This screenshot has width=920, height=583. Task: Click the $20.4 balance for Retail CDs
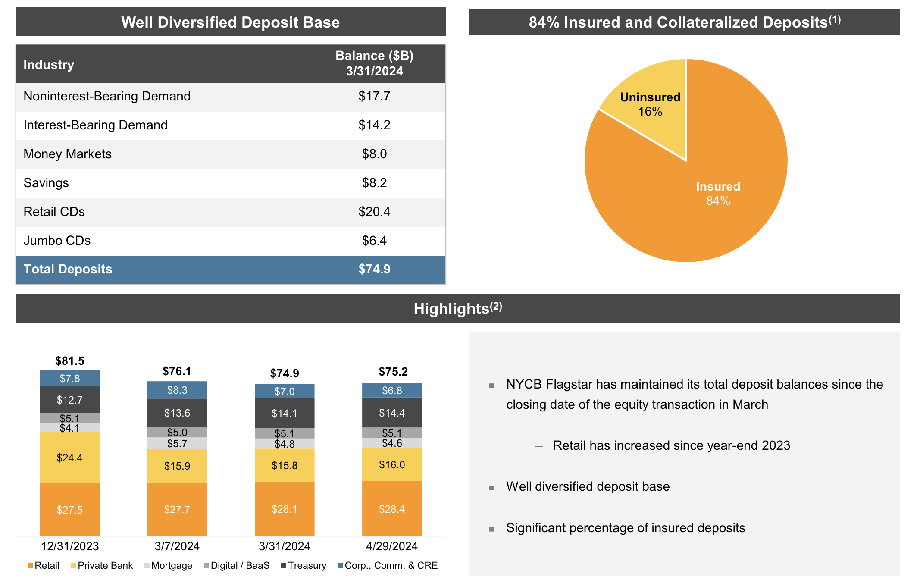(374, 212)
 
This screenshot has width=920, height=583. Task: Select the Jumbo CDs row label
(57, 241)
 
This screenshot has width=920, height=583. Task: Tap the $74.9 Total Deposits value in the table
(374, 269)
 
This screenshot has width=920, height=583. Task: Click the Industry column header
(49, 65)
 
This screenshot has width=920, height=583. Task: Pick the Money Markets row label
(67, 154)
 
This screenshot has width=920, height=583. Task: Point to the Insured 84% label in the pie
(718, 193)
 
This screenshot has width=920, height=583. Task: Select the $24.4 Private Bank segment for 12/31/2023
(70, 458)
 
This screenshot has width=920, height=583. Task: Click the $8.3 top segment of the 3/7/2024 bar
(177, 390)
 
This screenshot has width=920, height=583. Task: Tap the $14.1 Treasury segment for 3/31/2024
(285, 414)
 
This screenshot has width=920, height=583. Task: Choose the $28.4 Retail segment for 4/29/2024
(392, 509)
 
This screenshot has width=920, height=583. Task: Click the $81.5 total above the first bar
(70, 361)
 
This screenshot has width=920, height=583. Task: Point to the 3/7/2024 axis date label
(177, 546)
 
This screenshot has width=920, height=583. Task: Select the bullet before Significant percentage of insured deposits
(491, 529)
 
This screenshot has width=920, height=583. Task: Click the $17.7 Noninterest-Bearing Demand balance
(374, 96)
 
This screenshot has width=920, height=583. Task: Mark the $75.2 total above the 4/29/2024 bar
(393, 372)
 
